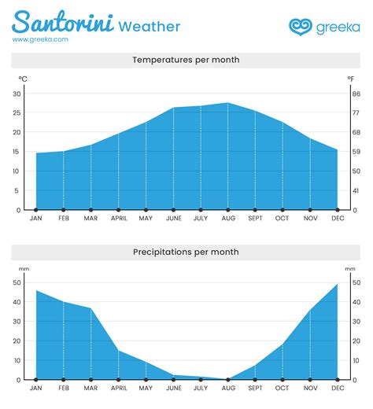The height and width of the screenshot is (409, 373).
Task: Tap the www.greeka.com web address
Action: (x=39, y=39)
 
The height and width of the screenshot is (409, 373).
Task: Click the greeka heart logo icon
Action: (x=300, y=28)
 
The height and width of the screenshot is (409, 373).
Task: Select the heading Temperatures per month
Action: (x=186, y=60)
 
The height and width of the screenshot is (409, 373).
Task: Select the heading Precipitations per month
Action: (x=186, y=252)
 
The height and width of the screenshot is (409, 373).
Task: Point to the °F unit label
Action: (x=351, y=79)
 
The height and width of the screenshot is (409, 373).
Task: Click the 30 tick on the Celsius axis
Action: (x=17, y=94)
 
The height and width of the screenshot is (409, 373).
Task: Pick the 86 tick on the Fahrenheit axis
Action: (x=356, y=94)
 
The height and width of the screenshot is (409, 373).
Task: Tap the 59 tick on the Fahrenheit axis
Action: (x=356, y=152)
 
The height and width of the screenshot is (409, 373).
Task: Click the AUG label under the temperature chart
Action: (x=228, y=219)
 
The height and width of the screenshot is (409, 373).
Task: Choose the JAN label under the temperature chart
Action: (x=36, y=219)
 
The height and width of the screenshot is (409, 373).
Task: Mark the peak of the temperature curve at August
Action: (x=228, y=103)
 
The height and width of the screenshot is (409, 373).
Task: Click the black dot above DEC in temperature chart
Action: (x=338, y=210)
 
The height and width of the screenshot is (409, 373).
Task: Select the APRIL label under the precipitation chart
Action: (x=118, y=389)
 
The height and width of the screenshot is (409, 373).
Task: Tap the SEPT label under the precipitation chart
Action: (x=255, y=389)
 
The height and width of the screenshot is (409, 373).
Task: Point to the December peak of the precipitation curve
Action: (x=338, y=285)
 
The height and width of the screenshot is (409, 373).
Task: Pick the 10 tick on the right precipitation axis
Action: (x=356, y=360)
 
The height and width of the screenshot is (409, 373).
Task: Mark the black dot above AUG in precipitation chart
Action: (x=228, y=379)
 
